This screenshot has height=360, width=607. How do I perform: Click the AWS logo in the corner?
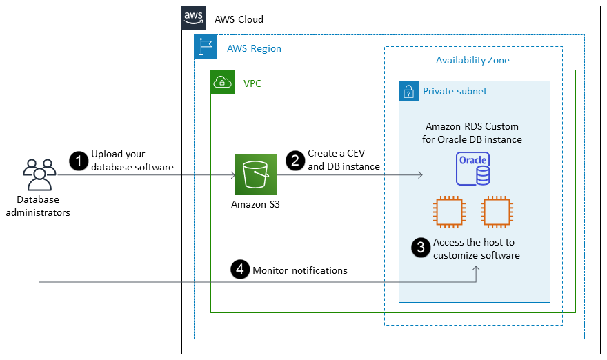193,18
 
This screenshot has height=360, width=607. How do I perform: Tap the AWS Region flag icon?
206,47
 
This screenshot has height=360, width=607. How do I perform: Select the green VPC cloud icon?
222,82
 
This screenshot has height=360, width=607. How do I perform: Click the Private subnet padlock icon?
409,91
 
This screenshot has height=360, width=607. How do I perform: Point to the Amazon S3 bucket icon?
255,175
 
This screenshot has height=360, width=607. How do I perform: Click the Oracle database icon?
472,168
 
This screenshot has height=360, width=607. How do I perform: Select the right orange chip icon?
497,212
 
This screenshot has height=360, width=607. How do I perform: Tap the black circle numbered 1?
78,161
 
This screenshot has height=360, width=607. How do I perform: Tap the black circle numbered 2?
295,161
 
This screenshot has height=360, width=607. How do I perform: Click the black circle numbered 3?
420,248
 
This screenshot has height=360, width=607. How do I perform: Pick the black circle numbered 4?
239,270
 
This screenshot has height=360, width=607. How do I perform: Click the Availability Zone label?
472,60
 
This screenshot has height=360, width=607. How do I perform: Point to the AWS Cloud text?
239,19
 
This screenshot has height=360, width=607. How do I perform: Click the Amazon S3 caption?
255,204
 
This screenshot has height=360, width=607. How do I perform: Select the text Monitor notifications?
300,270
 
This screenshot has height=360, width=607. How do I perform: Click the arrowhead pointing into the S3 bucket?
233,175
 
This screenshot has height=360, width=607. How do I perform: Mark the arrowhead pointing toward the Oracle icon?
419,175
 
